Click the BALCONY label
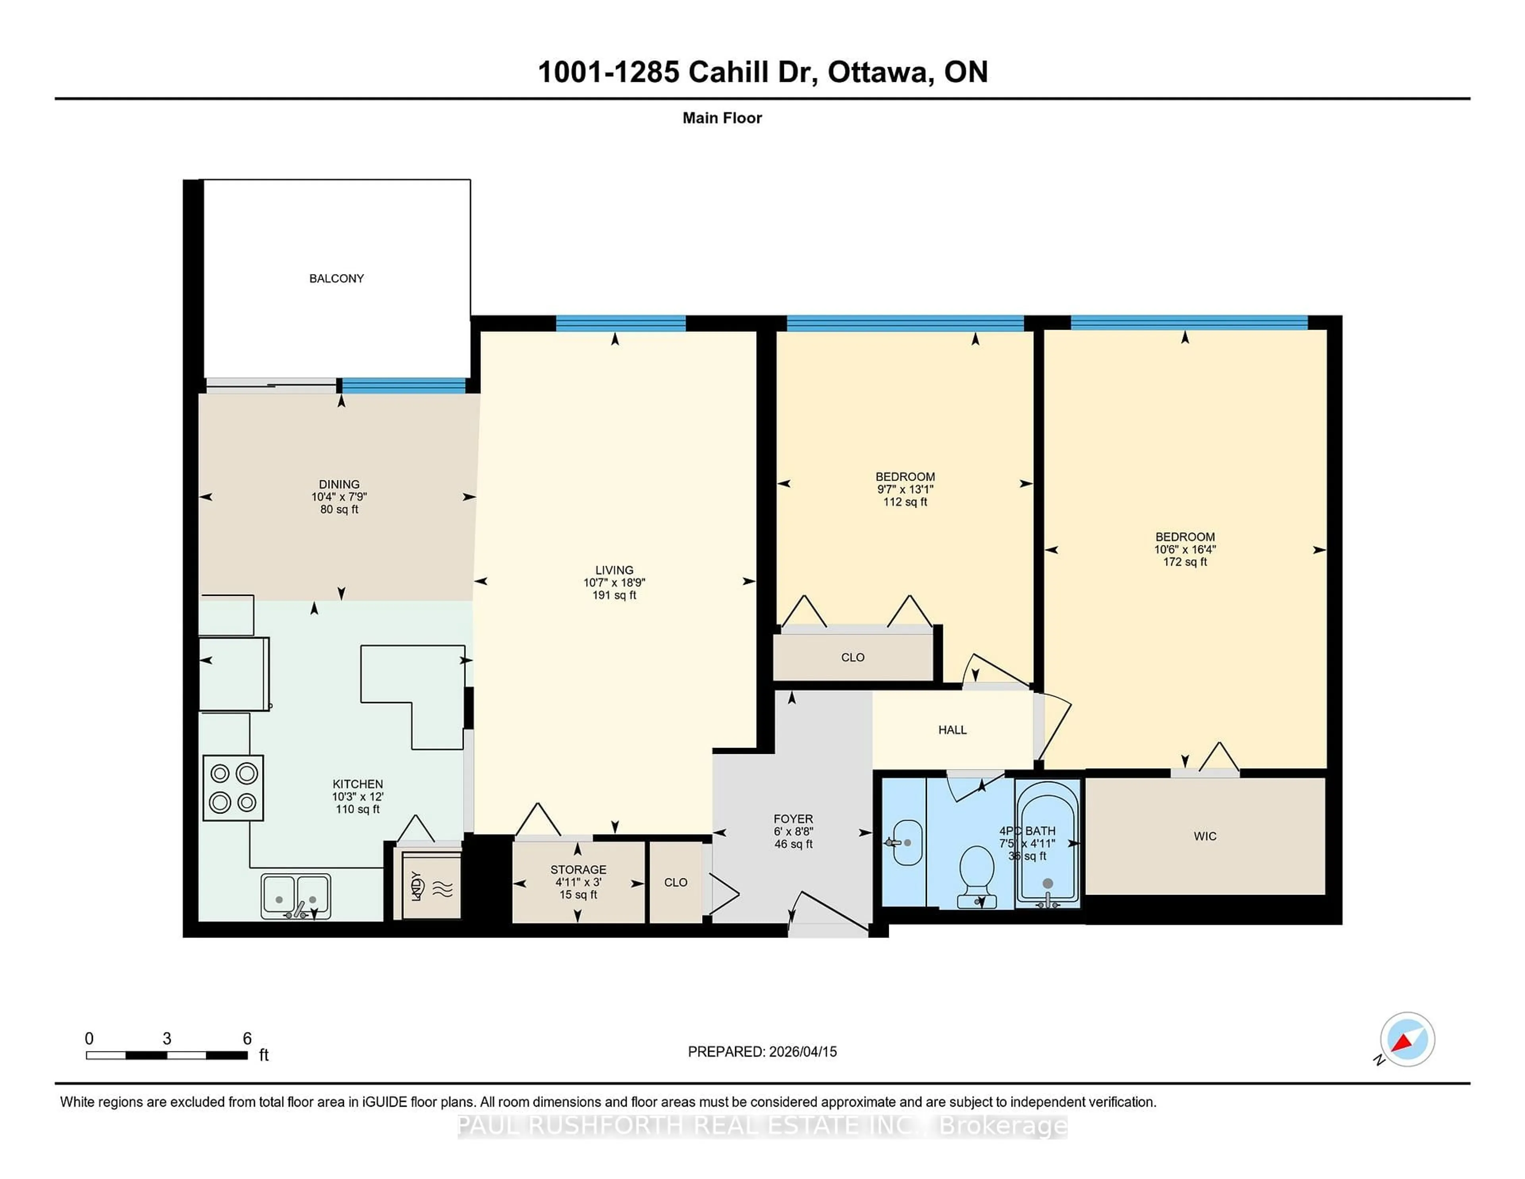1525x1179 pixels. [336, 278]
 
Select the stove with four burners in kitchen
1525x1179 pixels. [233, 787]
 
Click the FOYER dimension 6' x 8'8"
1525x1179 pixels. [793, 831]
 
